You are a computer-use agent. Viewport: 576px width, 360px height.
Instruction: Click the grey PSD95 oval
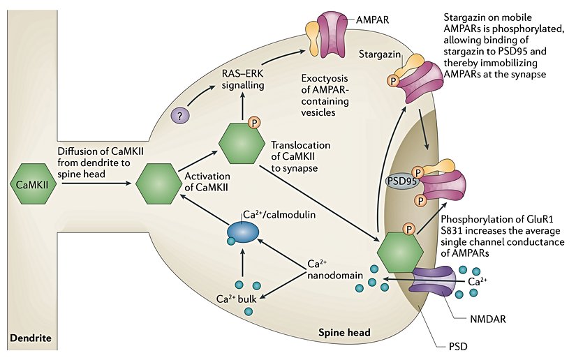point(401,180)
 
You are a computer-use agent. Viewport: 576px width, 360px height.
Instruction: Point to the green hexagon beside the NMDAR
point(400,248)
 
